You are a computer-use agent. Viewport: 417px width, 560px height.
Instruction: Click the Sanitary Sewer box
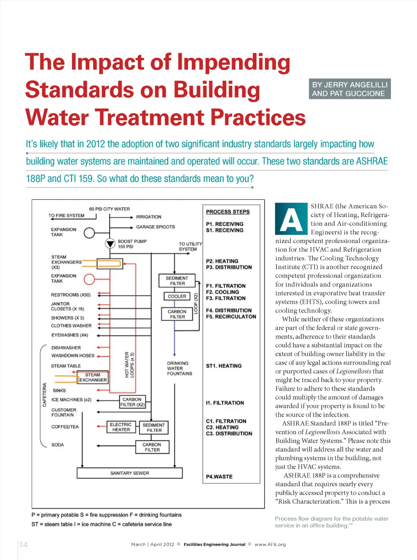tap(129, 473)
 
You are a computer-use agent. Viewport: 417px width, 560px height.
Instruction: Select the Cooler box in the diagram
tap(177, 296)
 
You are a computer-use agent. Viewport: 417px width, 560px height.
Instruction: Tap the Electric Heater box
tap(121, 427)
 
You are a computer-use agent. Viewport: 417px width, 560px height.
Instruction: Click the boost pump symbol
tap(110, 243)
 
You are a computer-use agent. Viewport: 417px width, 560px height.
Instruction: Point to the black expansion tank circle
tap(89, 233)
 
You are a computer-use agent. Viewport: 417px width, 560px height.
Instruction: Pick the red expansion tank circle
tap(89, 279)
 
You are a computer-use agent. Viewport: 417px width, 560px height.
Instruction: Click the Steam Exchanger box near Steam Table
tap(93, 377)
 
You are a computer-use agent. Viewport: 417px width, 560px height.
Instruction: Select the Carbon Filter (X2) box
tap(132, 402)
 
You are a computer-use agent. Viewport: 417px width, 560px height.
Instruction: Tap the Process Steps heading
tap(228, 212)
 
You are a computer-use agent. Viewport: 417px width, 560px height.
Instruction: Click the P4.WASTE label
tap(219, 477)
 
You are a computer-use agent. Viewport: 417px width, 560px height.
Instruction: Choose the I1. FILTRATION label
tap(225, 403)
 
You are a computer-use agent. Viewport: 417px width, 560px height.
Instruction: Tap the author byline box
tap(350, 89)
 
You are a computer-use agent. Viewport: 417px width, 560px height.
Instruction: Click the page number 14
tap(24, 545)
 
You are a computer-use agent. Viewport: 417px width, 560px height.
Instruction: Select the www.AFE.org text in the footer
tap(270, 545)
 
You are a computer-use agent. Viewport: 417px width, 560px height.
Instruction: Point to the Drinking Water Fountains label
tap(179, 368)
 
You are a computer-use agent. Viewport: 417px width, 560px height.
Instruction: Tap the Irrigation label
tap(148, 217)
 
